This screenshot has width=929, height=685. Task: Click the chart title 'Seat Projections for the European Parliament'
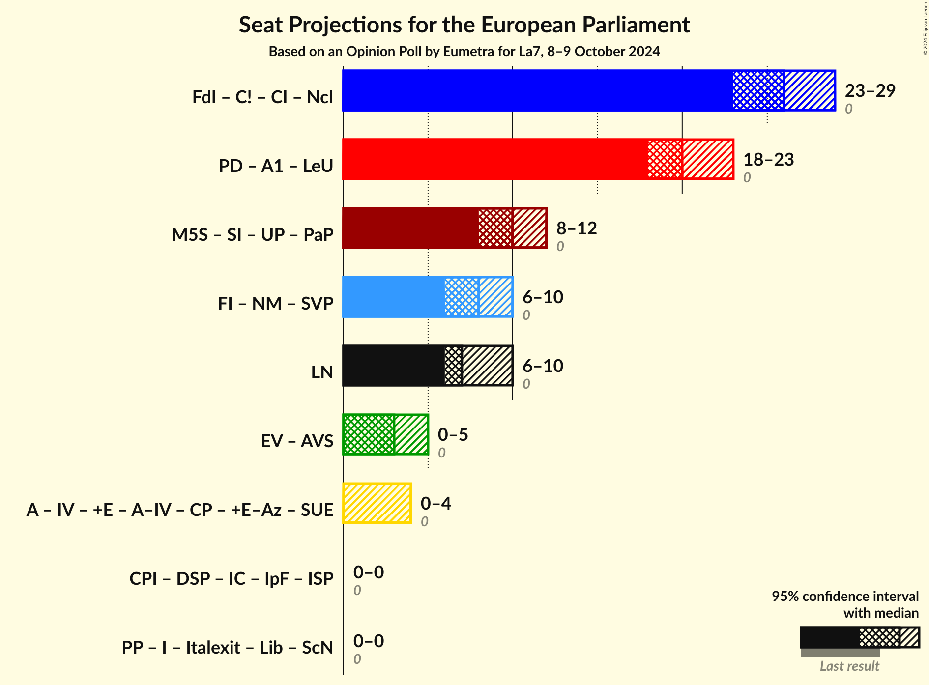pos(464,25)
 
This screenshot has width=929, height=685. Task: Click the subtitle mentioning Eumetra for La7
pos(464,52)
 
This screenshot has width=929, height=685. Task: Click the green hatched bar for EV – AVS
pos(385,434)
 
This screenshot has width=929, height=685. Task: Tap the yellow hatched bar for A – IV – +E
pos(377,503)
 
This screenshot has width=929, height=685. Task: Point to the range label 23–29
pos(870,90)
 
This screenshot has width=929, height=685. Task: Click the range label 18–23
pos(768,159)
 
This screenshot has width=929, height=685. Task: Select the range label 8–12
pos(576,228)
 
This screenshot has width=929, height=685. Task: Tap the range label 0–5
pos(453,434)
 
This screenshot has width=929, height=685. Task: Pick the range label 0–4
pos(435,503)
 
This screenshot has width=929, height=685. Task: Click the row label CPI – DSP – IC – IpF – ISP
pos(232,578)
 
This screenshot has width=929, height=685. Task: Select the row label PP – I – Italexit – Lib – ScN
pos(228,647)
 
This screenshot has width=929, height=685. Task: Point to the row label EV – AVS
pos(297,441)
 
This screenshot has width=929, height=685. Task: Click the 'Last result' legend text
pos(849,666)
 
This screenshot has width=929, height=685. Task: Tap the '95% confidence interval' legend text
pos(844,596)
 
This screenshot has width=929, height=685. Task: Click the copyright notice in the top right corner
pos(925,28)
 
